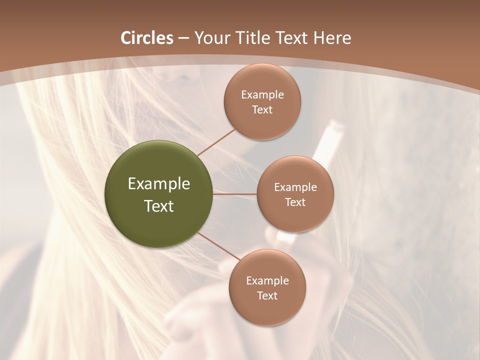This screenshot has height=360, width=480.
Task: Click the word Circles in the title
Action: click(x=146, y=38)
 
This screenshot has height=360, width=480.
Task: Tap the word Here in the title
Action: click(x=332, y=38)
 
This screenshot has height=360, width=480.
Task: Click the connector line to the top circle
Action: click(x=216, y=142)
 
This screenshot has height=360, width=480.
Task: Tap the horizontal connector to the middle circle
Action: click(x=235, y=194)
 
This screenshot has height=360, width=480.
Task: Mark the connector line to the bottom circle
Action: click(x=218, y=246)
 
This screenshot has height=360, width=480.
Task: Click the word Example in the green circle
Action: click(x=159, y=184)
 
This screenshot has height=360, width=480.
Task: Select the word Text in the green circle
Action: click(x=159, y=206)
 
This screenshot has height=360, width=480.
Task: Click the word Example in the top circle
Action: click(x=262, y=95)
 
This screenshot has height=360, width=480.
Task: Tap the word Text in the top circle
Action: click(x=262, y=109)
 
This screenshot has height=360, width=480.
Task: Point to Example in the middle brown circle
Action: click(x=295, y=187)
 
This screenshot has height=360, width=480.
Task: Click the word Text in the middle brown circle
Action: click(x=295, y=202)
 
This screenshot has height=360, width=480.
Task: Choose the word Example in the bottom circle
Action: click(x=267, y=281)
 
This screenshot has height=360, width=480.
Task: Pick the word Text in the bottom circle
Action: click(x=267, y=295)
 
